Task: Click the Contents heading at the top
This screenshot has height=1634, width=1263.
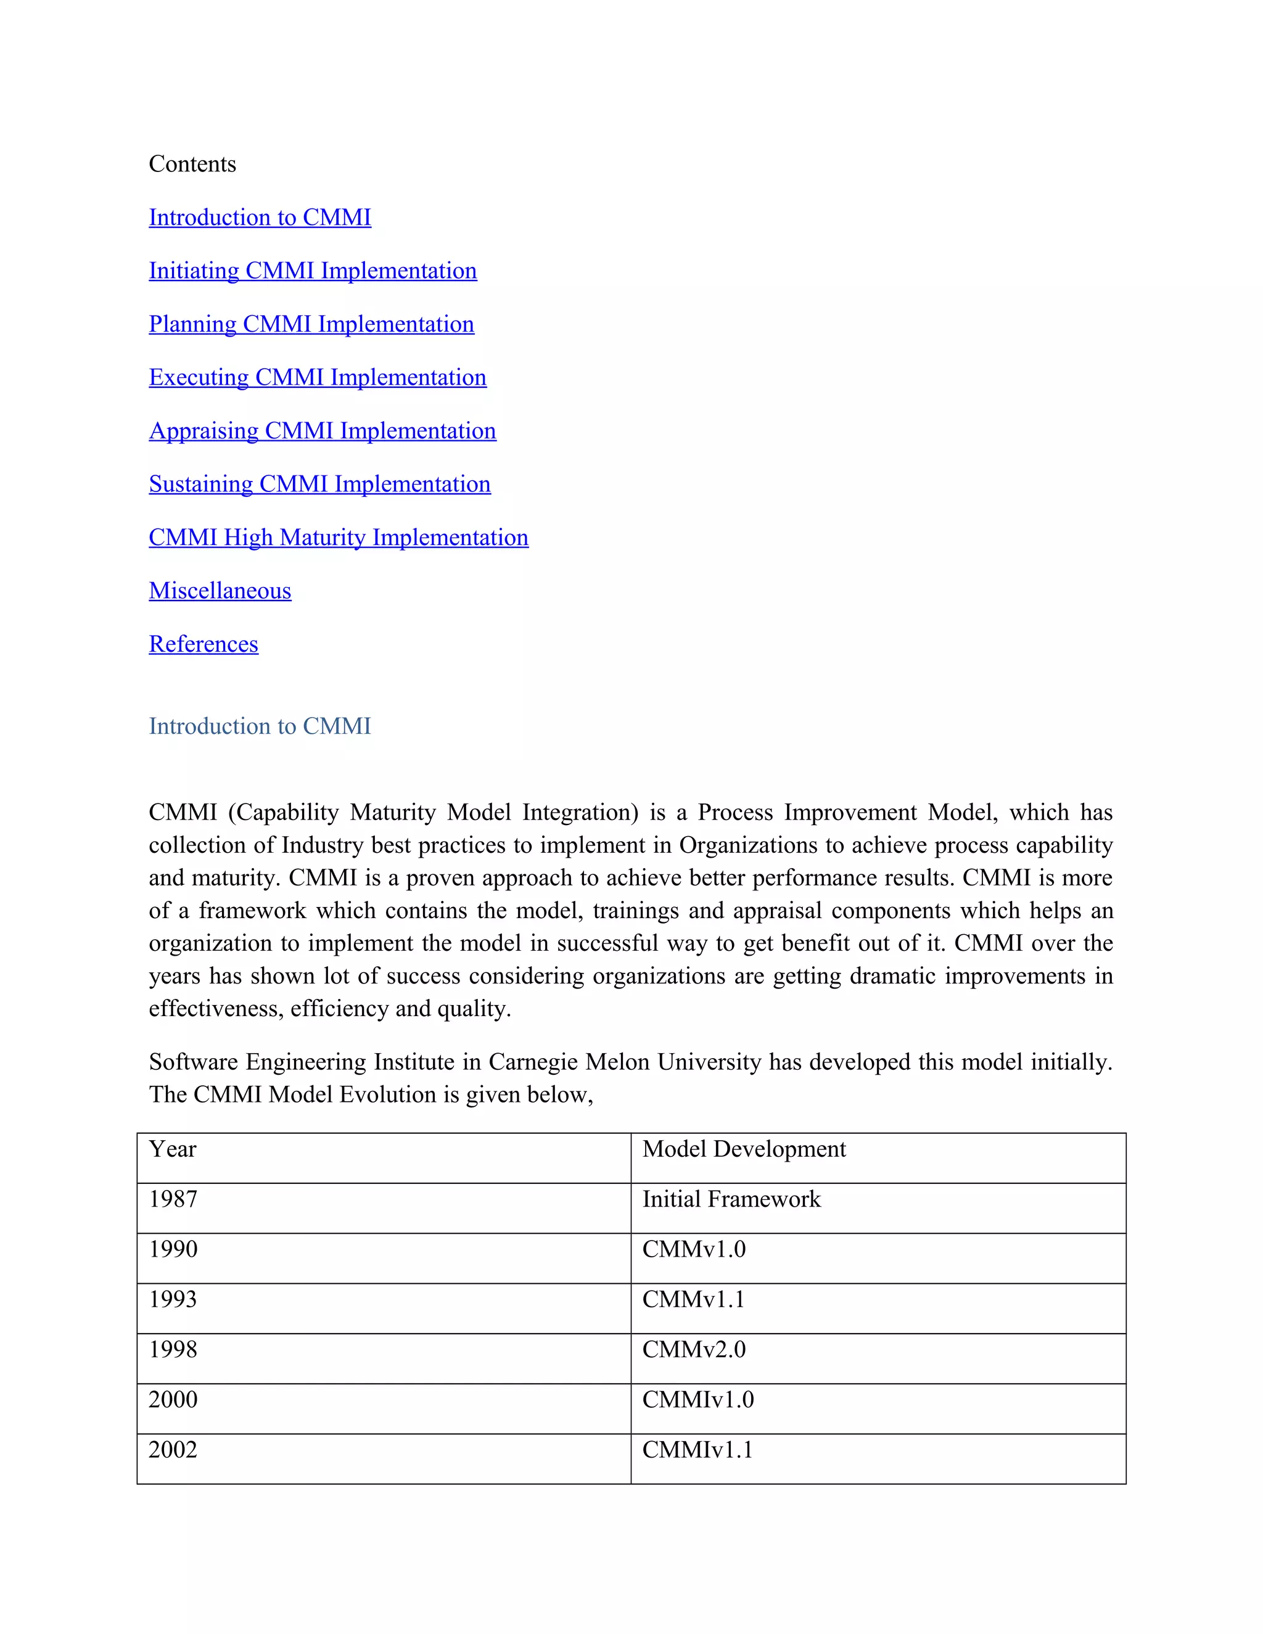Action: pos(192,164)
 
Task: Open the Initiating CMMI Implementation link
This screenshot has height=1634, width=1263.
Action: pos(313,270)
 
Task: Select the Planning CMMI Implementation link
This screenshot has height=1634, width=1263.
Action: pos(311,324)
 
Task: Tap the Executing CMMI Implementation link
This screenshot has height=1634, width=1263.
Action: pos(317,377)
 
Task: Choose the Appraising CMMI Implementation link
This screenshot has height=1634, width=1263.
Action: pos(323,431)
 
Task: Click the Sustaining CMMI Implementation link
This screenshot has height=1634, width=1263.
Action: pos(319,484)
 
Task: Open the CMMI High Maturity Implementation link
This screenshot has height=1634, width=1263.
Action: pos(338,537)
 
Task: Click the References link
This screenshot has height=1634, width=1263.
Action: pos(204,644)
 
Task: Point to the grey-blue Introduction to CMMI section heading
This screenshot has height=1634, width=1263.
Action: pos(260,726)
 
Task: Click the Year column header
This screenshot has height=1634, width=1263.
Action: pos(173,1149)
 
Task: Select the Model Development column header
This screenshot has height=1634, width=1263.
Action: pos(744,1149)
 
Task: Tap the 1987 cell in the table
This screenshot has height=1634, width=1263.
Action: pos(173,1199)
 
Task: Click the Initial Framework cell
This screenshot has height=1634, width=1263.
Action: pos(731,1199)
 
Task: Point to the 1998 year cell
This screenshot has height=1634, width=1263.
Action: pos(173,1350)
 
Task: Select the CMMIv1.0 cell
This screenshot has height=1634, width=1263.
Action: pos(698,1400)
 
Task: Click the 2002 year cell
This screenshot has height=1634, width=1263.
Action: pos(173,1450)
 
